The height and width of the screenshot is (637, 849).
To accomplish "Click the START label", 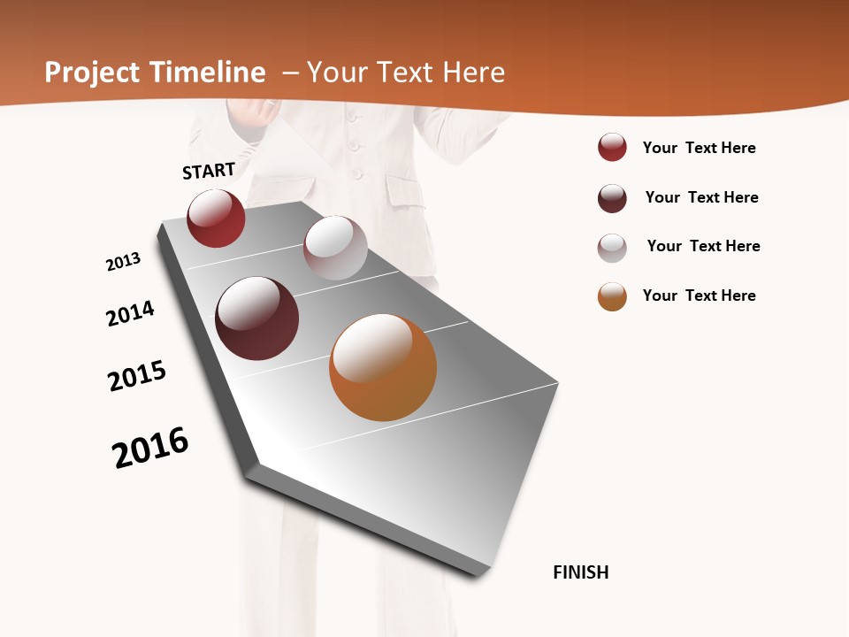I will click(x=209, y=171).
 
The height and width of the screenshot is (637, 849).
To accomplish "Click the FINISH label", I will click(x=581, y=572).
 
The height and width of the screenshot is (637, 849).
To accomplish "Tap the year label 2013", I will click(x=124, y=262).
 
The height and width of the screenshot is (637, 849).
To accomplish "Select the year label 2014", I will click(x=131, y=313).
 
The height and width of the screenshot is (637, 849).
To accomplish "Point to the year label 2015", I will click(x=137, y=376).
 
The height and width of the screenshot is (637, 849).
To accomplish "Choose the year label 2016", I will click(x=150, y=448).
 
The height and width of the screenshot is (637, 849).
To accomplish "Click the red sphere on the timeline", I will click(x=216, y=219).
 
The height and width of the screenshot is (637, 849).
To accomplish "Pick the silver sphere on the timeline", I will click(x=335, y=248).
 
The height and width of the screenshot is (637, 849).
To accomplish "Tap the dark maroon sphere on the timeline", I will click(x=257, y=318).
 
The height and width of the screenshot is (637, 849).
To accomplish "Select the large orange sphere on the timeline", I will click(x=383, y=367).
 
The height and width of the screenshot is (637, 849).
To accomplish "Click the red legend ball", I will click(x=612, y=148).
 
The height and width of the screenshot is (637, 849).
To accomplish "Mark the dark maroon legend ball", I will click(x=612, y=198).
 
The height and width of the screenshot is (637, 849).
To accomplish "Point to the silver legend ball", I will click(x=612, y=248).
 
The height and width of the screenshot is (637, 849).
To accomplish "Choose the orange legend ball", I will click(x=612, y=296).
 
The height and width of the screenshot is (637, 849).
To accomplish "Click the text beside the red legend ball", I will click(x=699, y=148).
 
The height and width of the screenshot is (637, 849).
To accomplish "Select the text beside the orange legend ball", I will click(x=699, y=295).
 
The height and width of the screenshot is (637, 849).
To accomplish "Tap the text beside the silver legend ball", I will click(x=703, y=246).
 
